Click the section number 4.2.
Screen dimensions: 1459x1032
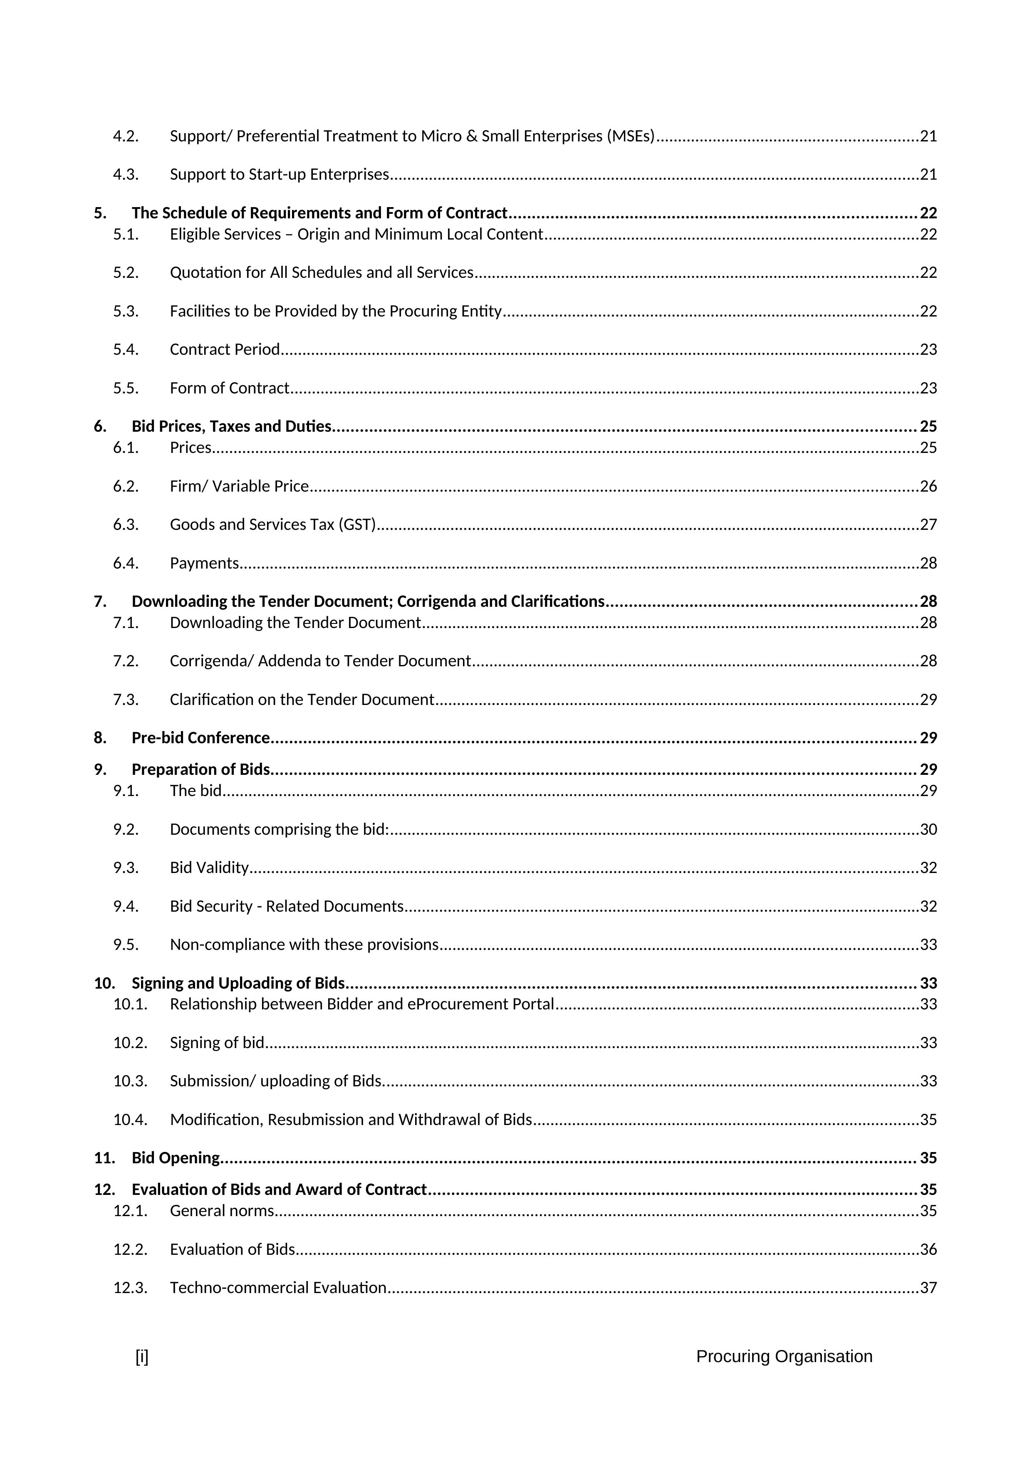[126, 136]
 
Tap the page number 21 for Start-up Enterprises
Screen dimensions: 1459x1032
[928, 175]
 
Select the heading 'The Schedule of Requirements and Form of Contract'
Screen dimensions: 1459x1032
[319, 213]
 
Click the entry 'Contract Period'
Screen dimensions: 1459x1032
[225, 349]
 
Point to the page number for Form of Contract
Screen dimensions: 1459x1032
[928, 388]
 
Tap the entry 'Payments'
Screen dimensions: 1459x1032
[204, 563]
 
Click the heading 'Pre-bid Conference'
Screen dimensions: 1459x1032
[201, 738]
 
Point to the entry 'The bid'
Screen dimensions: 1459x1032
[196, 791]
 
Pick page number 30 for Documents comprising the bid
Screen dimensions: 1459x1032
[928, 829]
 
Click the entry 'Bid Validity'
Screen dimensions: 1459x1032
[209, 868]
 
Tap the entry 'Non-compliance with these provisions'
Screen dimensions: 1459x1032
[304, 945]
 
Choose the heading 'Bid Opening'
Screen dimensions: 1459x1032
[176, 1158]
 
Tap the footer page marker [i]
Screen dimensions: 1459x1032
[142, 1357]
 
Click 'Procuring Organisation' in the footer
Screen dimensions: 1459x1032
[784, 1357]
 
